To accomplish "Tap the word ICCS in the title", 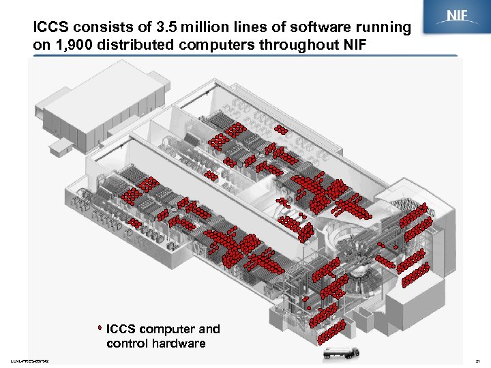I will [53, 28].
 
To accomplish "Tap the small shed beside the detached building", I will [61, 146].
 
